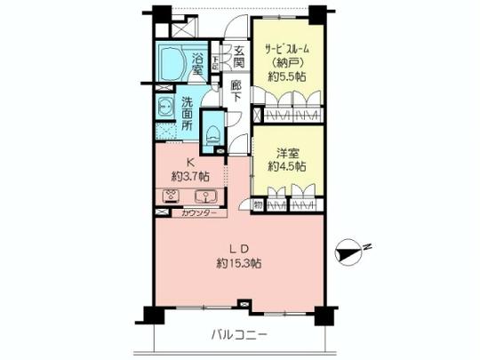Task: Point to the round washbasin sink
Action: pyautogui.click(x=166, y=108)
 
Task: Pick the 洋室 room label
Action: pyautogui.click(x=286, y=151)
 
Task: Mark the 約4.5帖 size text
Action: pyautogui.click(x=286, y=166)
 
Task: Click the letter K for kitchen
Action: pyautogui.click(x=189, y=161)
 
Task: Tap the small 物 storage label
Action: pyautogui.click(x=257, y=205)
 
